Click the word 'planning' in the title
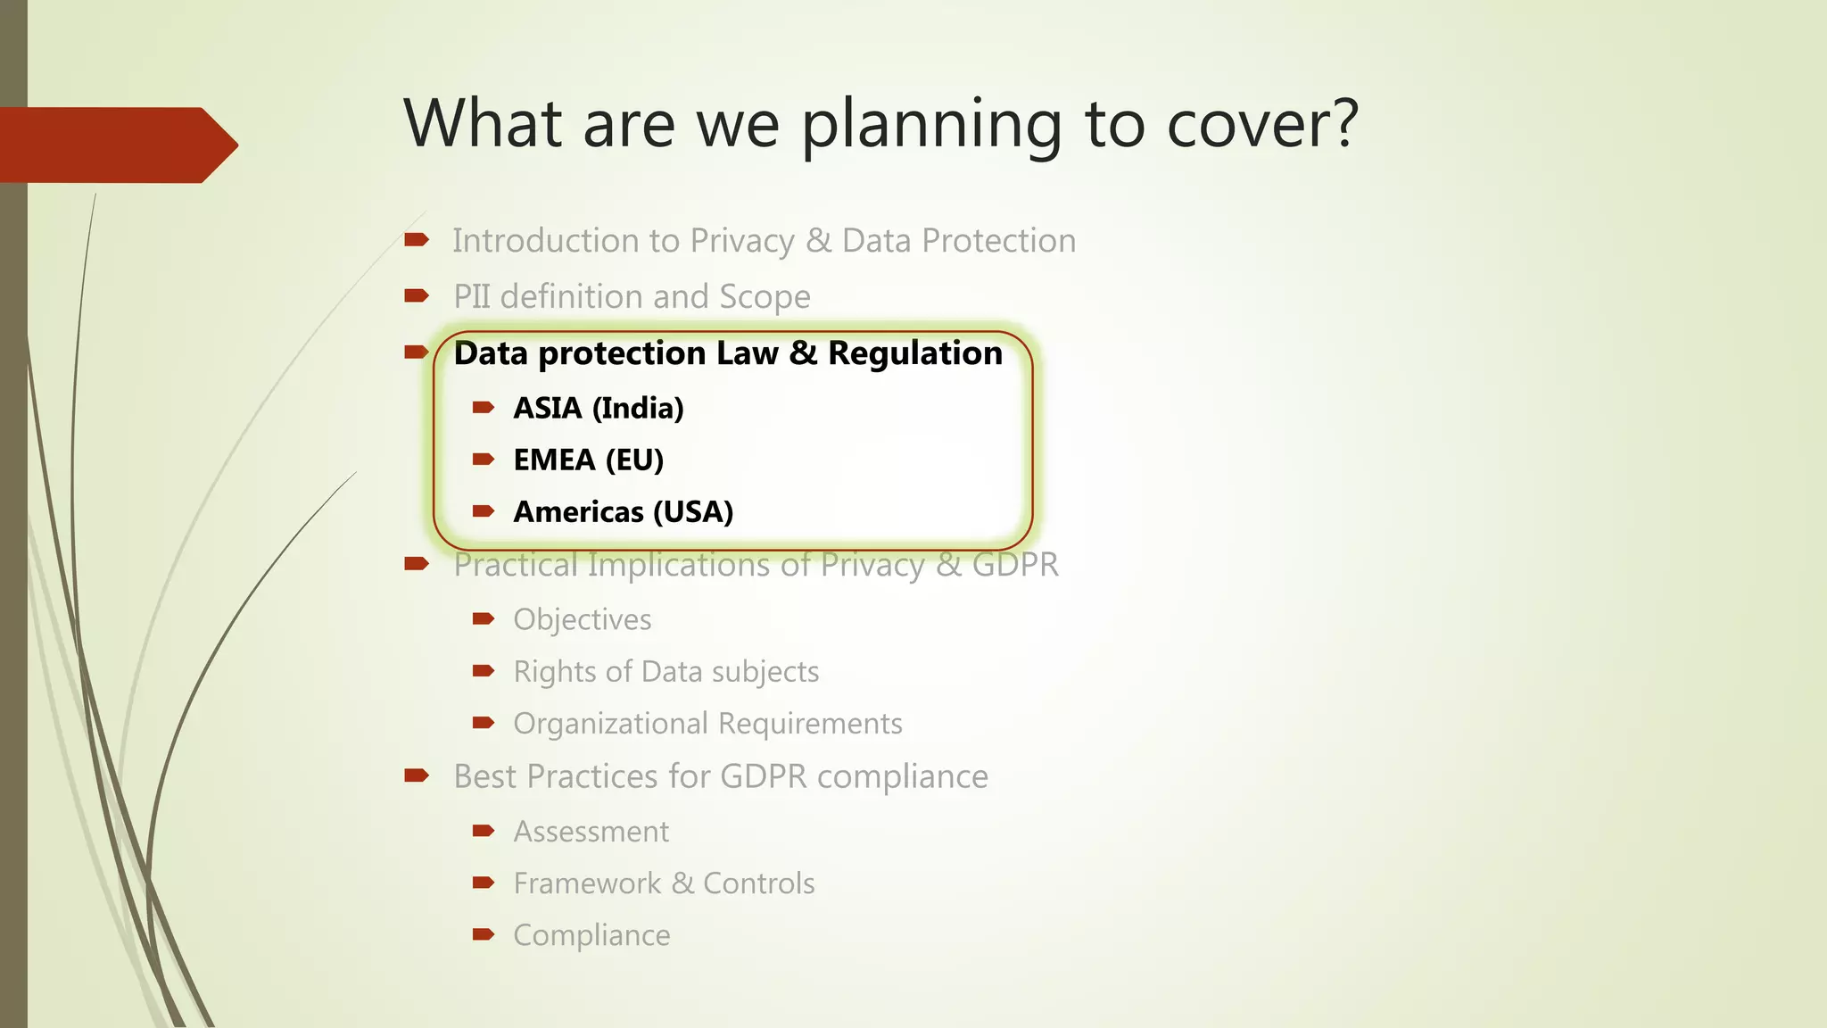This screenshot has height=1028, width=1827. pos(931,125)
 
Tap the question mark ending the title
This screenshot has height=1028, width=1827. pos(1340,122)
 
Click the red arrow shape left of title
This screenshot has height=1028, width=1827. pos(116,145)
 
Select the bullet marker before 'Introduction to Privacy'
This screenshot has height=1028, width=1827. pos(417,239)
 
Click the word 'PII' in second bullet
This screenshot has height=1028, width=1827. pos(472,296)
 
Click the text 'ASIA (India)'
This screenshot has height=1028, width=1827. pos(598,408)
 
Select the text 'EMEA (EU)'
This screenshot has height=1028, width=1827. pos(588,460)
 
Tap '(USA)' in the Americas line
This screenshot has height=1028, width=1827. pos(693,512)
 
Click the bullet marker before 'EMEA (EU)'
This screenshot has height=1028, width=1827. pos(484,460)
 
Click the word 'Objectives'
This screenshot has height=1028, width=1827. pos(582,619)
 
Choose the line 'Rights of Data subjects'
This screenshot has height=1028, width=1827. pos(665,671)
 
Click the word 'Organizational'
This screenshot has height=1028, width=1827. pos(610,723)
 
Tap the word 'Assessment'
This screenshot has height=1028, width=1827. pos(591,832)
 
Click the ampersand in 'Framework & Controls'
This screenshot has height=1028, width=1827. pos(682,883)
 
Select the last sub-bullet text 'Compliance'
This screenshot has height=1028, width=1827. pos(591,935)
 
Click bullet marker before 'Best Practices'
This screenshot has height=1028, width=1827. pos(417,775)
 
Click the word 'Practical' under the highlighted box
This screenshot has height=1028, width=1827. pos(516,565)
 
